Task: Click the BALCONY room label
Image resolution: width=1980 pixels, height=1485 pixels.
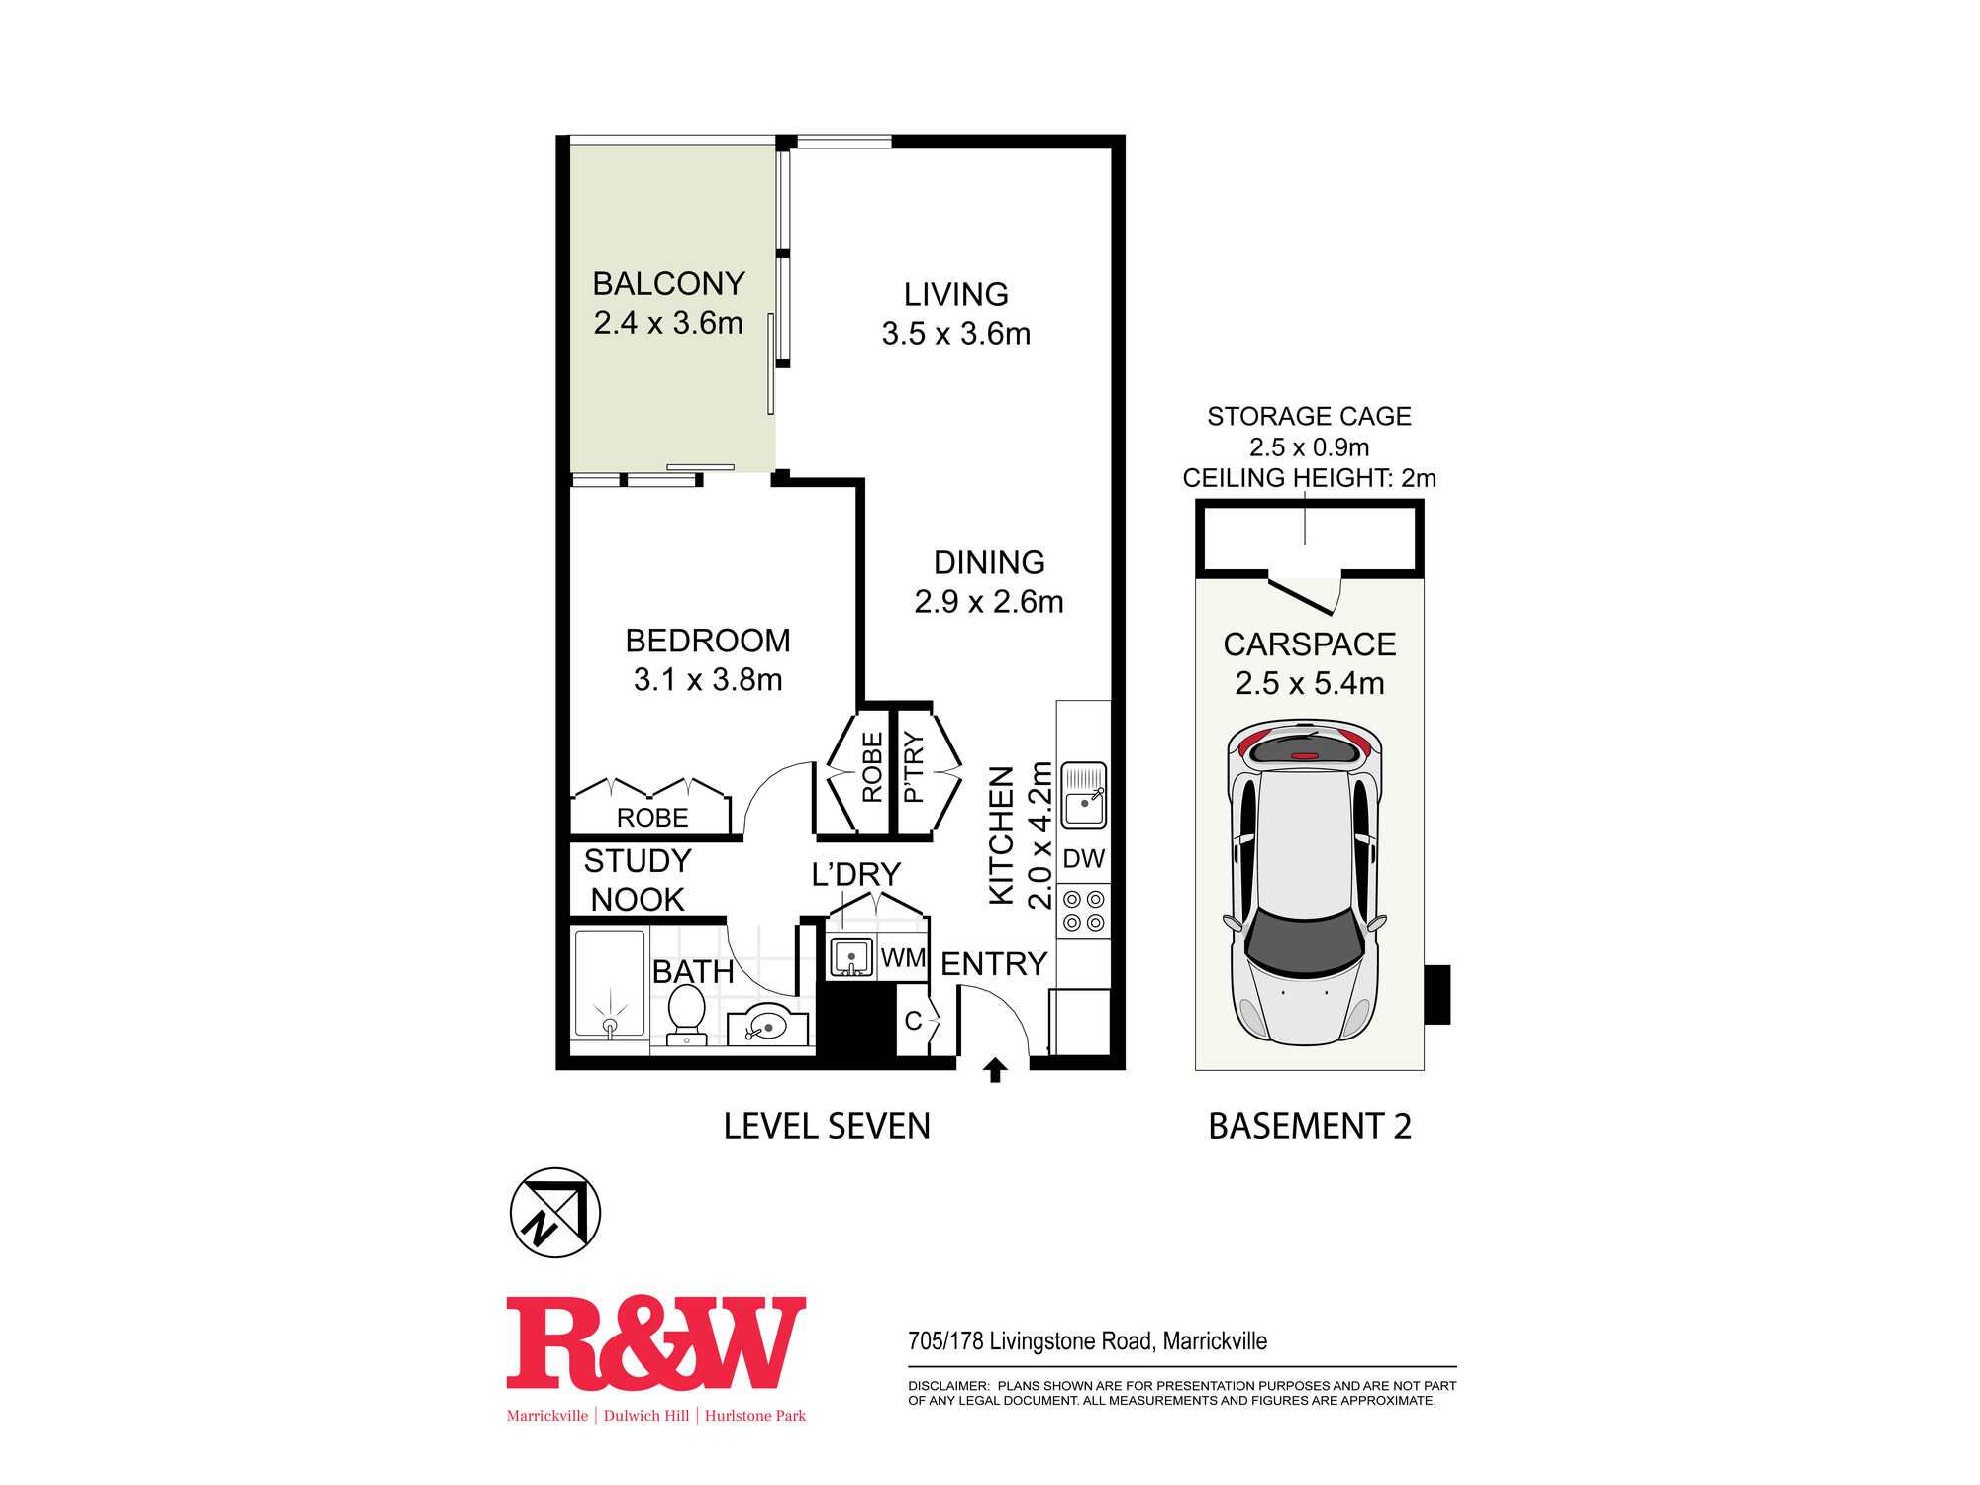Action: click(x=668, y=284)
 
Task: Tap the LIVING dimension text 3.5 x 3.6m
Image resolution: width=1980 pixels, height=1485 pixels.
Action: click(x=956, y=334)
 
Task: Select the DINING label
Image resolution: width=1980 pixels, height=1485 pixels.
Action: click(x=989, y=562)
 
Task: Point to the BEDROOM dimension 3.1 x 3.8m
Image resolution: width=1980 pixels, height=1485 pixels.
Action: click(x=708, y=680)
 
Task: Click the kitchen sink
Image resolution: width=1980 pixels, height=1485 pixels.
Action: click(x=1084, y=795)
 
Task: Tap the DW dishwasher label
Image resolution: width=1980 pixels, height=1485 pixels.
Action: click(x=1084, y=858)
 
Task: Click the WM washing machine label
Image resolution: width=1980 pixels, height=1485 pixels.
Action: click(x=903, y=958)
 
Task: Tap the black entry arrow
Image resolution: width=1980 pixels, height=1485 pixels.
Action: click(x=995, y=1071)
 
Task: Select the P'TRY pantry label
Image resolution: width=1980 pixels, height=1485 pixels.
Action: click(x=913, y=767)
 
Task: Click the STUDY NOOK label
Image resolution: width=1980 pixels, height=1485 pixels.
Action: click(x=638, y=880)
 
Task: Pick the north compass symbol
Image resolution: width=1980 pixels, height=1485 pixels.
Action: click(x=555, y=1213)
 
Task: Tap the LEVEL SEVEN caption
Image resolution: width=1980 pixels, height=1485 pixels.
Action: click(x=827, y=1127)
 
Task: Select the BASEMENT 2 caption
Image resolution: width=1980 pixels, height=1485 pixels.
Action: click(x=1310, y=1127)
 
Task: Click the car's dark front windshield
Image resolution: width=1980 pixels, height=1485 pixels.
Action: click(x=1303, y=940)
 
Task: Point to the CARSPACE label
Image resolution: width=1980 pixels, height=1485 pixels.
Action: click(x=1310, y=644)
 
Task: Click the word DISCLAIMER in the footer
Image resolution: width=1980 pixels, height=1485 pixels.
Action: click(x=948, y=1386)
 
